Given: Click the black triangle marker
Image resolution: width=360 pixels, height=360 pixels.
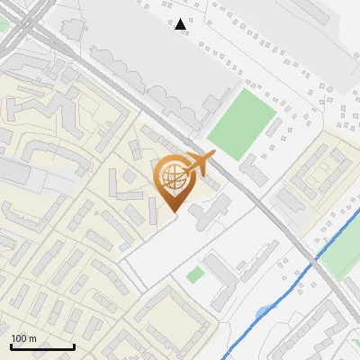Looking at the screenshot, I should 181,25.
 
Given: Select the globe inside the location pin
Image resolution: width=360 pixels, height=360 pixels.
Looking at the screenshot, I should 172,176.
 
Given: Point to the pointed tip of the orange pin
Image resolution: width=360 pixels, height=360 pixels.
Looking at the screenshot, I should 173,212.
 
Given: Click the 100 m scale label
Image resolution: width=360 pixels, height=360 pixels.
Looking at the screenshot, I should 23,338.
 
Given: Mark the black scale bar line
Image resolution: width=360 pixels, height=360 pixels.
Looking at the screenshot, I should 42,346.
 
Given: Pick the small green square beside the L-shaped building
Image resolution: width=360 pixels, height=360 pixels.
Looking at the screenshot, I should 194,274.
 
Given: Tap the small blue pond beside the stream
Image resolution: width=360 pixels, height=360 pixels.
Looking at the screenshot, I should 262,313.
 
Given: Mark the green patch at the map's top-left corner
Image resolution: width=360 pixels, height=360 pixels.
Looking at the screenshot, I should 4,25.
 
